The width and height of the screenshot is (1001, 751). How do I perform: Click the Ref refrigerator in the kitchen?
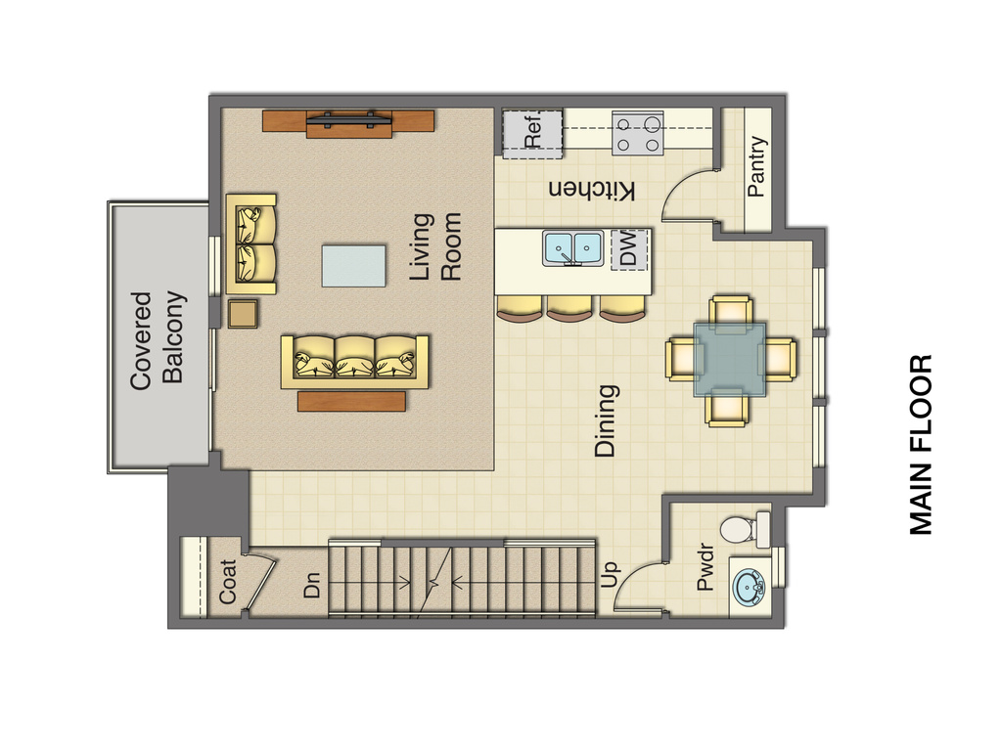pos(533,133)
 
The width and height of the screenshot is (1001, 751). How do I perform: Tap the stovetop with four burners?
pos(638,133)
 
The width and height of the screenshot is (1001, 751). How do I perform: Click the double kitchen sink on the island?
pos(574,248)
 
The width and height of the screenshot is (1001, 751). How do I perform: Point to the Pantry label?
pos(757,166)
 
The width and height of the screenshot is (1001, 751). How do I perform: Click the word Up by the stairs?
pos(610,575)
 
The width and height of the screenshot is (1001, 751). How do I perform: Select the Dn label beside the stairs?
pos(311,585)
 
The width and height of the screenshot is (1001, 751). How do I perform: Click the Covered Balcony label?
pos(157,337)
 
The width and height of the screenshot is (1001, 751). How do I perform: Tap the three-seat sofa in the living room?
pos(355,361)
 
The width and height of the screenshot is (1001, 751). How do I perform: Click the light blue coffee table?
pos(353,265)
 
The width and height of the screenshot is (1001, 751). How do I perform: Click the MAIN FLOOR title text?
pos(921,445)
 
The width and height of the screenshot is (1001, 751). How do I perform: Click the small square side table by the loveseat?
pos(244,314)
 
